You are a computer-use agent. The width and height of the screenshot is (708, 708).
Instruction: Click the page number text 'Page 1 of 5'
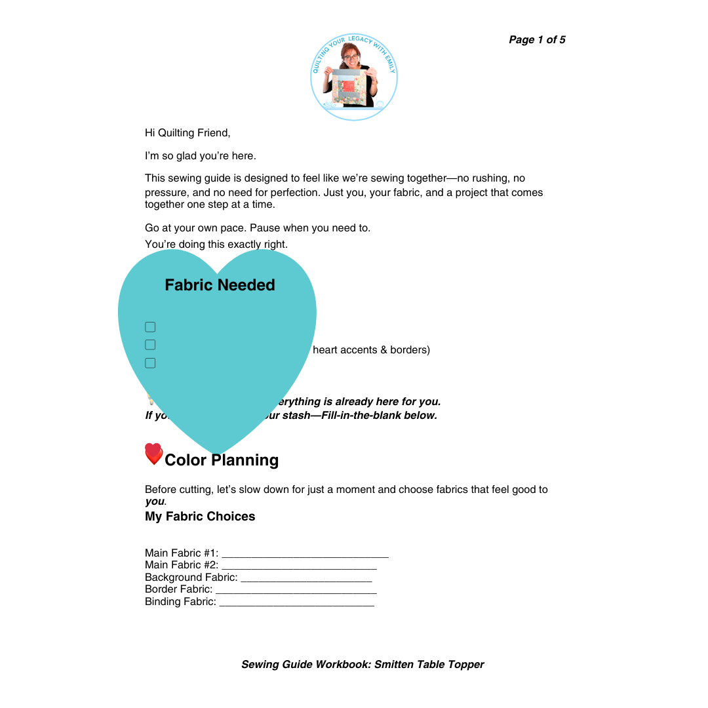pyautogui.click(x=537, y=40)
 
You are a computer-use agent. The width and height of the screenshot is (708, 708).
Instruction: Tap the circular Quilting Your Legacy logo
pyautogui.click(x=354, y=77)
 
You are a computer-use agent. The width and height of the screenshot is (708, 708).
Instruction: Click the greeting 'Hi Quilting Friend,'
pyautogui.click(x=187, y=133)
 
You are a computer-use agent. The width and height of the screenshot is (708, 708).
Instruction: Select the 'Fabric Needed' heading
pyautogui.click(x=220, y=285)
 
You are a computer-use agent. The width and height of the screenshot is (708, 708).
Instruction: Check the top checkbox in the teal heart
pyautogui.click(x=150, y=327)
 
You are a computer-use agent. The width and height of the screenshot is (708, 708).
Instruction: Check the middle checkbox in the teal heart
pyautogui.click(x=150, y=345)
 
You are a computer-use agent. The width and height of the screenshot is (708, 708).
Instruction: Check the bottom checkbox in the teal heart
pyautogui.click(x=150, y=363)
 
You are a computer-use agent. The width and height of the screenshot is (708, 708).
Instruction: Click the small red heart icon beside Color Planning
pyautogui.click(x=153, y=454)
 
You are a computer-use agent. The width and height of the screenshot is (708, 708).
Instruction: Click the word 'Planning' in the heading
pyautogui.click(x=246, y=460)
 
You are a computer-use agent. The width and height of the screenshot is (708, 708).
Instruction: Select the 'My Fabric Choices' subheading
pyautogui.click(x=200, y=517)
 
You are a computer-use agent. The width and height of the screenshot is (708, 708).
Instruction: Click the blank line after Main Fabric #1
pyautogui.click(x=305, y=555)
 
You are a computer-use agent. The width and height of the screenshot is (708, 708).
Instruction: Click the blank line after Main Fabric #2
pyautogui.click(x=299, y=566)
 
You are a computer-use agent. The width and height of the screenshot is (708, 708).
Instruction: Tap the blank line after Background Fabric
pyautogui.click(x=306, y=579)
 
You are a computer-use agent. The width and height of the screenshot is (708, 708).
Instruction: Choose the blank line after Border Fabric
pyautogui.click(x=296, y=591)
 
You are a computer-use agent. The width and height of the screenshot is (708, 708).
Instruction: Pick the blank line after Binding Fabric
pyautogui.click(x=296, y=603)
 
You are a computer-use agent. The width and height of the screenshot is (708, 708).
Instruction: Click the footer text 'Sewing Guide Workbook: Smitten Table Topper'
pyautogui.click(x=363, y=665)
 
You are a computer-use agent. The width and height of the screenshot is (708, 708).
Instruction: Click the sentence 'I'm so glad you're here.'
pyautogui.click(x=200, y=156)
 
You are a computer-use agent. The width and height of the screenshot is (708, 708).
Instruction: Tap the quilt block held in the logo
pyautogui.click(x=349, y=87)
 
